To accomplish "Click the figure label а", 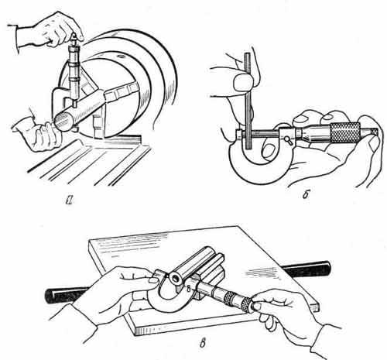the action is coord(69,200).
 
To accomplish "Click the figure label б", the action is coord(306,194).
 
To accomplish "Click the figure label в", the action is coord(203,344).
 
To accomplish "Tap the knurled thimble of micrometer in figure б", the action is coord(345,133).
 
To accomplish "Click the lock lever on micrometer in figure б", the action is coord(288,140).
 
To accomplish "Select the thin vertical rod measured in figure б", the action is coord(248,101).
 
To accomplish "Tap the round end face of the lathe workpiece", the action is coord(63,121).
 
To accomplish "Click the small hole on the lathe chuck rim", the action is coord(121,57).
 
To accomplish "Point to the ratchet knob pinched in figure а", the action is coord(74,39).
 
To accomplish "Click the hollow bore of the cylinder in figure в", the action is coord(176,279).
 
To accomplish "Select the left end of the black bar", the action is coord(49,296).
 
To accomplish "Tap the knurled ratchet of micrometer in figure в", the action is coord(246,304).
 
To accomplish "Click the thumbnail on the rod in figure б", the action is coord(241,81).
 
